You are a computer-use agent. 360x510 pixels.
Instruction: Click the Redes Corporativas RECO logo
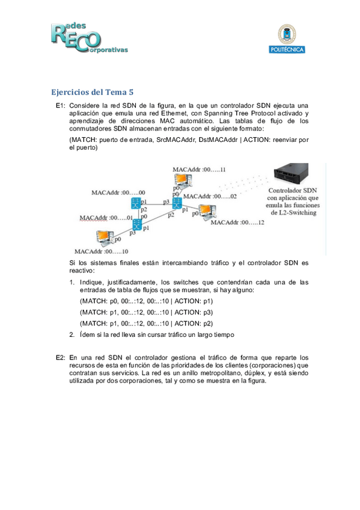coord(89,38)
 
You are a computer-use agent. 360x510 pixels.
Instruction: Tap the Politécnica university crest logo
coord(287,38)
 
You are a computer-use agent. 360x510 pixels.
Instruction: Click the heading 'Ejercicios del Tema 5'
coord(93,92)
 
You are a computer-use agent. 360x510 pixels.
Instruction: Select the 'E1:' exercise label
coord(61,105)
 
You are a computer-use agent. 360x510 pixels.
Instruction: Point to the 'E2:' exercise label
coord(61,358)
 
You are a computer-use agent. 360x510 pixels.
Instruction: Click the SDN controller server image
coord(291,174)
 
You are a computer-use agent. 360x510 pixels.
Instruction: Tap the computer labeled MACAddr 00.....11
coord(183,181)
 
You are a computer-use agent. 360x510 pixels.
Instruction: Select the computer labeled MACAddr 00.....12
coord(207,212)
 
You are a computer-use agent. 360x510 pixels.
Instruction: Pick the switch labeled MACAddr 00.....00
coord(135,203)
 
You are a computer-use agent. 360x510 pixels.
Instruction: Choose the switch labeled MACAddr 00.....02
coord(177,203)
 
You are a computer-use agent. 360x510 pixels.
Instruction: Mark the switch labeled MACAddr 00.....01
coord(137,225)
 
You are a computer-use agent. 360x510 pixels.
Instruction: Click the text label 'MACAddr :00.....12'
coord(237,223)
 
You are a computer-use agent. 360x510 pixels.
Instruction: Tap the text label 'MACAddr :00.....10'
coord(102,251)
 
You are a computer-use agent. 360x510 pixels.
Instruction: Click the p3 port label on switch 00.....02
coord(166,201)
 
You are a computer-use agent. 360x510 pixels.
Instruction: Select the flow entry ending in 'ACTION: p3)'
coord(147,312)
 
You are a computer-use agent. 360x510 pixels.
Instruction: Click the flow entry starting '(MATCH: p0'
coord(147,301)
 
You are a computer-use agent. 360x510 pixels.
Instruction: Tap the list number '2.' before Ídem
coord(72,334)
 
